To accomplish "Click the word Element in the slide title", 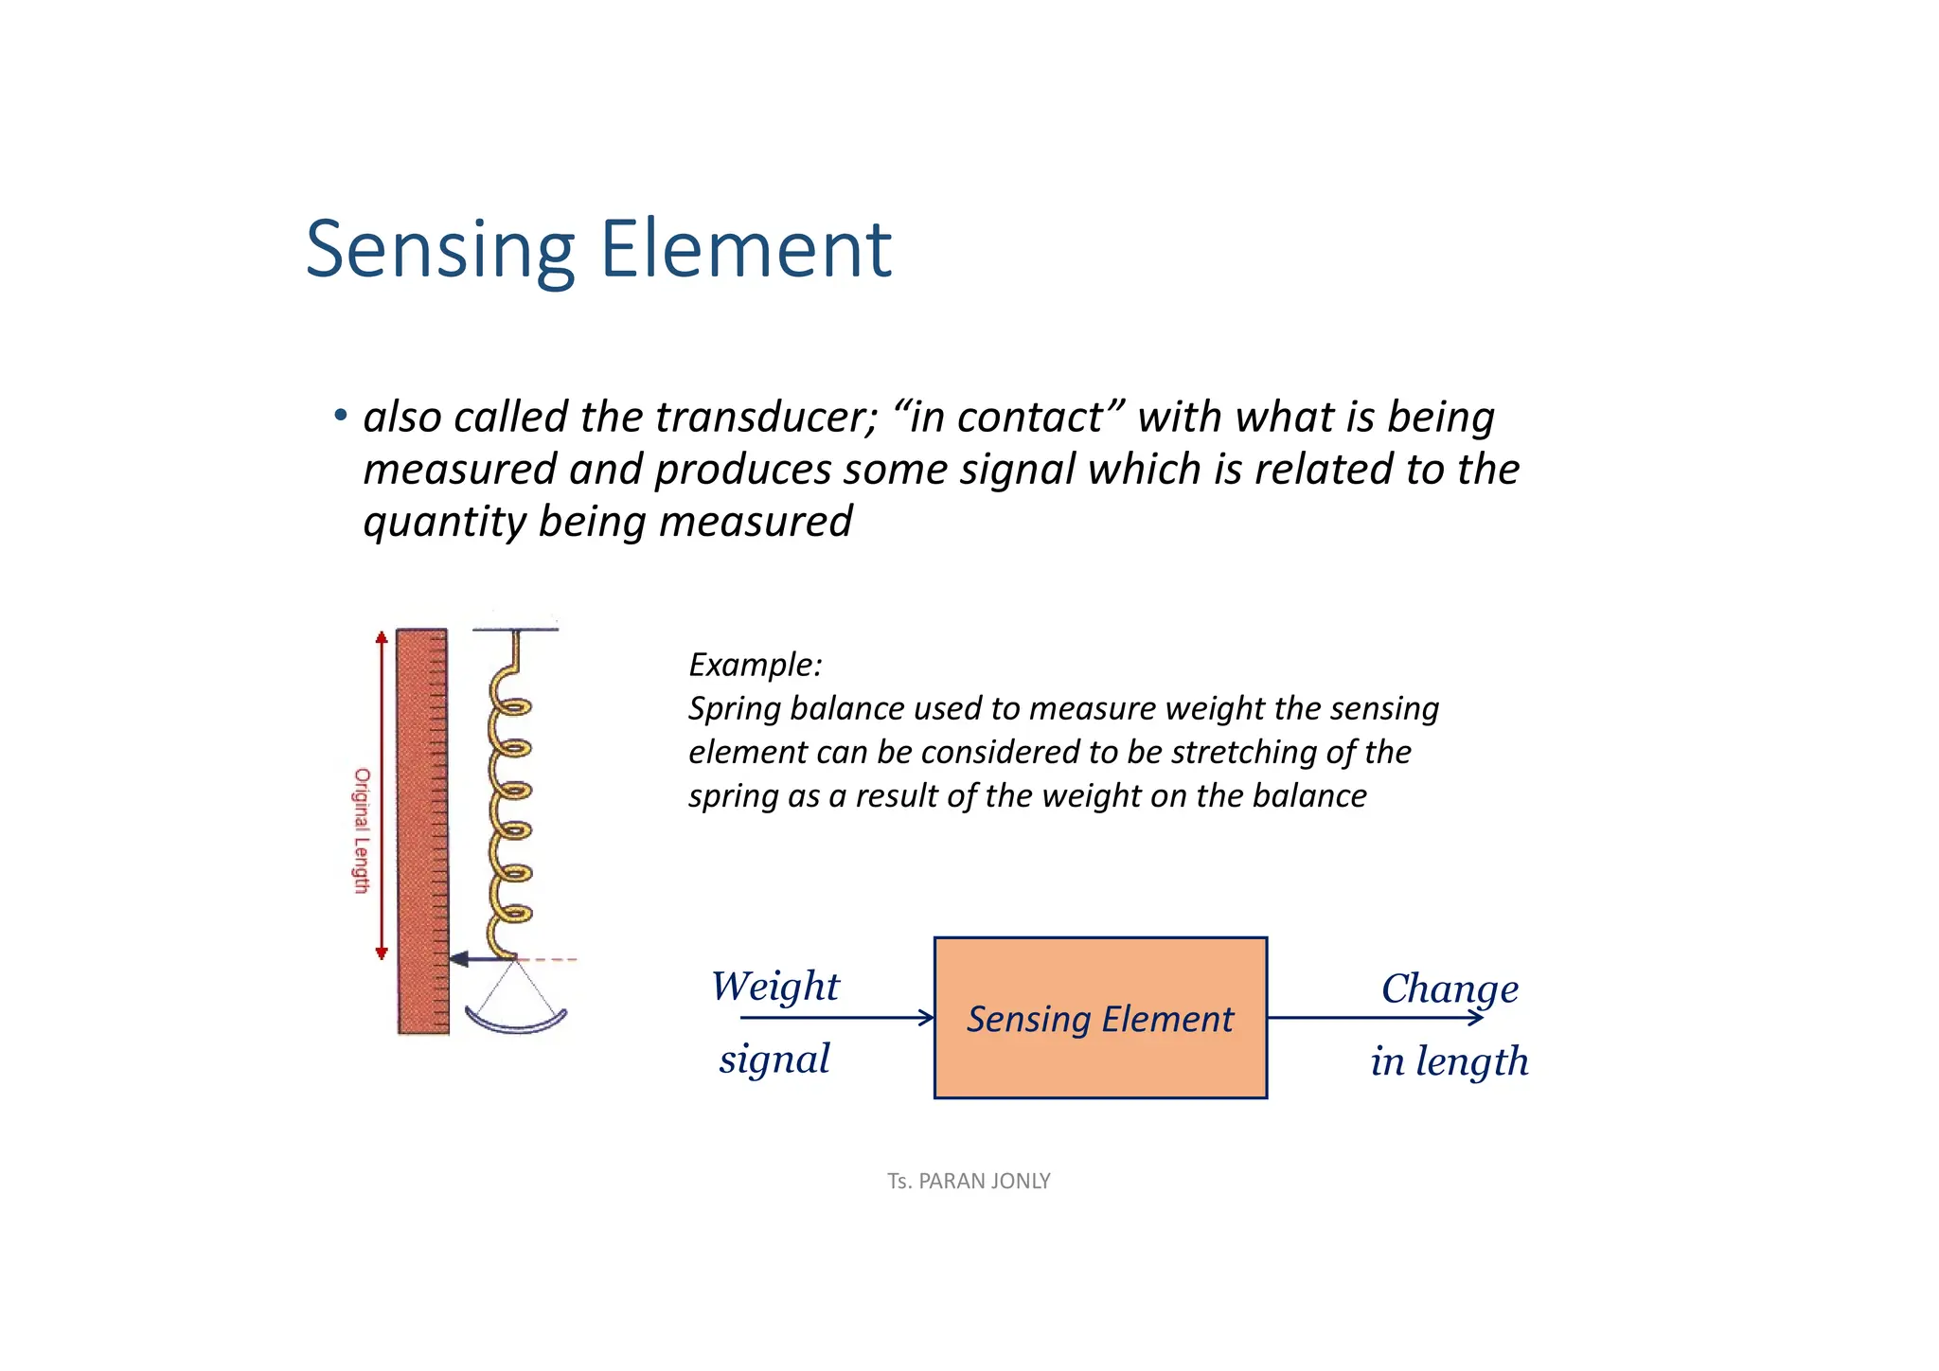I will pos(745,250).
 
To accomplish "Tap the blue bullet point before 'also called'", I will pos(340,416).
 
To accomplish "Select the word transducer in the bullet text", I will pos(767,418).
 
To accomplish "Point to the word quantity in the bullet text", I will pos(444,522).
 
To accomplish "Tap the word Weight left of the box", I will pos(774,987).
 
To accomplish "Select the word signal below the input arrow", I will pos(774,1059).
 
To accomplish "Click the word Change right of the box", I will pos(1450,989).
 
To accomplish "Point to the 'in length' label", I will pos(1449,1061).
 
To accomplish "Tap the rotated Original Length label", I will pos(362,830).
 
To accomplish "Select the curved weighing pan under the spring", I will pos(516,1023).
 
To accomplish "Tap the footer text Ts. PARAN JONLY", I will pos(969,1182).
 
